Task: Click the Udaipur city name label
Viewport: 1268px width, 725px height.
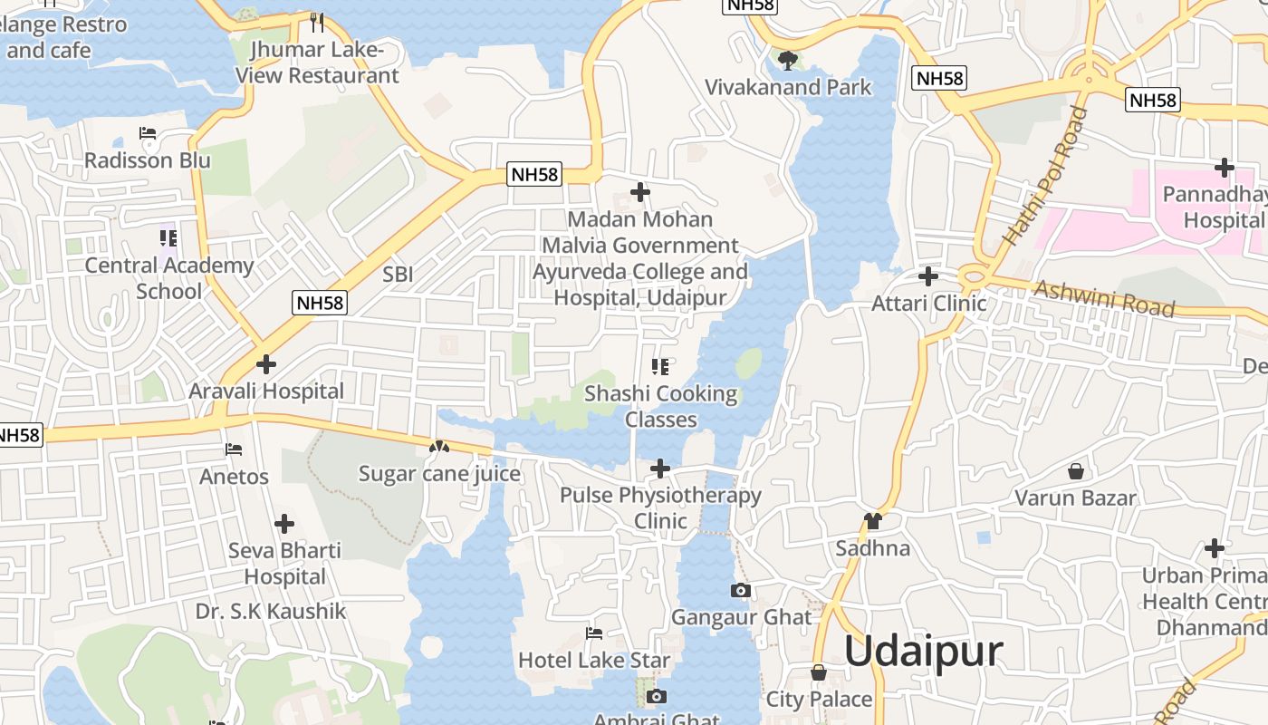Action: (x=923, y=652)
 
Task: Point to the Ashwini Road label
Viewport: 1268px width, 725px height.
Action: (x=1104, y=298)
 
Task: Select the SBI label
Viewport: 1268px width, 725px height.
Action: (x=398, y=275)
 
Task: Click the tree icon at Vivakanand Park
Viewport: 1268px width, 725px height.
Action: (x=788, y=61)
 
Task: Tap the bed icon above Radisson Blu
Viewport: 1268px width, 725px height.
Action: (x=148, y=133)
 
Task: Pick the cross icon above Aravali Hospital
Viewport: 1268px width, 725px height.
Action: (x=266, y=364)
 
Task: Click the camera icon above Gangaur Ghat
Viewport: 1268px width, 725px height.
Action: (x=740, y=591)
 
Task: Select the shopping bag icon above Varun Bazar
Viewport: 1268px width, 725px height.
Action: (x=1075, y=471)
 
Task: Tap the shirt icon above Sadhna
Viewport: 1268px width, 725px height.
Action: (x=873, y=521)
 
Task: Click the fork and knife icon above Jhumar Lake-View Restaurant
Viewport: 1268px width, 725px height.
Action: (x=317, y=22)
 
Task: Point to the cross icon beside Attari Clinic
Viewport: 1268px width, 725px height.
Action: (x=928, y=275)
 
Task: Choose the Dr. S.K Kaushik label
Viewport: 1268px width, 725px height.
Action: (x=271, y=612)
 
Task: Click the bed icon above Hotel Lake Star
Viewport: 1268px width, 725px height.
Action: (x=594, y=633)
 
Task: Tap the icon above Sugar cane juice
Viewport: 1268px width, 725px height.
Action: (x=439, y=447)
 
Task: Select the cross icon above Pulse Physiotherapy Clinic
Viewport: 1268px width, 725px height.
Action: (x=660, y=469)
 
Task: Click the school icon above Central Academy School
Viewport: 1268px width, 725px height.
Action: (x=168, y=238)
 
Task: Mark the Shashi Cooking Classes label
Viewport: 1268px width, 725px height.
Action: (x=661, y=406)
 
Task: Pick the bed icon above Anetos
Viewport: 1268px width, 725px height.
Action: (x=234, y=449)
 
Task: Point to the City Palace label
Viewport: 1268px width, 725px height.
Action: (x=819, y=699)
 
